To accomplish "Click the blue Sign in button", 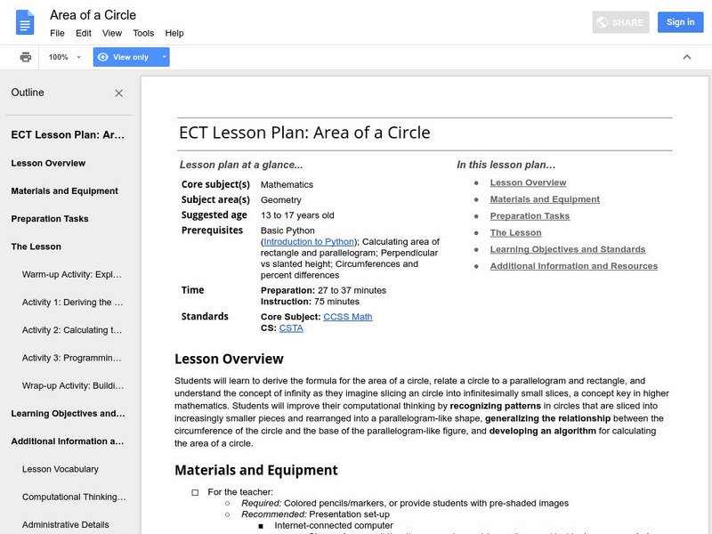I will (680, 22).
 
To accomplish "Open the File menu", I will (57, 33).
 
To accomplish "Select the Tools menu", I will (143, 33).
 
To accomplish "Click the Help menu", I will (174, 33).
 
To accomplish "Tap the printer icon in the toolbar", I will (26, 57).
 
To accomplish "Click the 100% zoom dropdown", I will (64, 57).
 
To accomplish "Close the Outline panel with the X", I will (119, 93).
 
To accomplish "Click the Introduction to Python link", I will (309, 241).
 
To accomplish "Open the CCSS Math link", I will (347, 317).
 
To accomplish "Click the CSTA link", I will (291, 328).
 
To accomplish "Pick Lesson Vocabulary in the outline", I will (61, 469).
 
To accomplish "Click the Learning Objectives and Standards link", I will (568, 249).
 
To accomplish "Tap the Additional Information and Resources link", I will (574, 266).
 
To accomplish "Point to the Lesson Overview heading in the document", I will (229, 359).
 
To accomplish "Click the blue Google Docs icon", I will (25, 23).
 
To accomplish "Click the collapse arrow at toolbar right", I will (687, 57).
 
